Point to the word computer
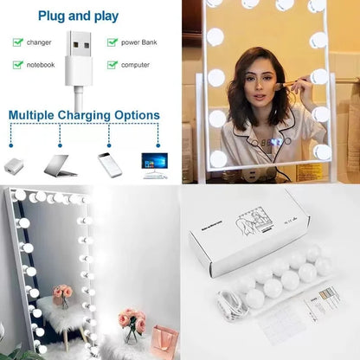(x=136, y=64)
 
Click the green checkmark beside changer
(x=18, y=42)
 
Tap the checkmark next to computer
(x=112, y=64)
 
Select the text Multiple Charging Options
(x=84, y=114)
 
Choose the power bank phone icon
(x=110, y=164)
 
